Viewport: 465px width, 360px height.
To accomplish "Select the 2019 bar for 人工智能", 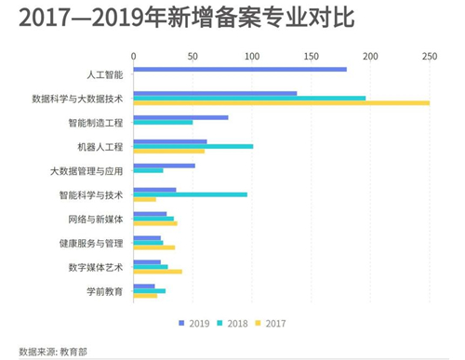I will click(240, 69).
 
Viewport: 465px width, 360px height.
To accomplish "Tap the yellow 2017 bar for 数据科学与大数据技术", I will click(282, 103).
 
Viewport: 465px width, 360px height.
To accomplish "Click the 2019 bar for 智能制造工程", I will click(180, 117).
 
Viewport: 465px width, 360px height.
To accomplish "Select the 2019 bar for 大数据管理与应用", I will click(165, 166).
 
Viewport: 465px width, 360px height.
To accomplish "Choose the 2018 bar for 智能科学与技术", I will click(191, 194).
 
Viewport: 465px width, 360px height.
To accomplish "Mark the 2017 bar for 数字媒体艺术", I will click(158, 272).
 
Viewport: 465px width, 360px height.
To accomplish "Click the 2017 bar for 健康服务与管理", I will click(154, 247).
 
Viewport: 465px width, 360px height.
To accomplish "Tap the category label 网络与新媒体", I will click(96, 219).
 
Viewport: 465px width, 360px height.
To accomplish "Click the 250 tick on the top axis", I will click(430, 55).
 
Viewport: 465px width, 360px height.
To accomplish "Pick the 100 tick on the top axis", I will click(252, 55).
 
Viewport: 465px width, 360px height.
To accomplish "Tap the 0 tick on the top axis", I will click(134, 55).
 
